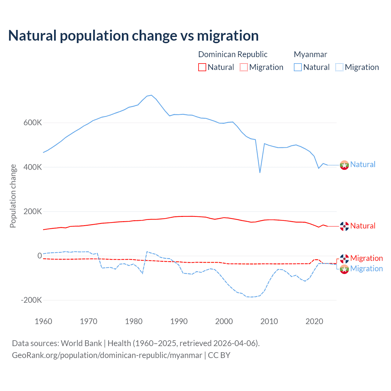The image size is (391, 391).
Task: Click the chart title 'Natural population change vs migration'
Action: [133, 35]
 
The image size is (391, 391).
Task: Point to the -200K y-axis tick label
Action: [31, 300]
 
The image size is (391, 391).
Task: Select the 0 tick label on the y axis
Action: [39, 256]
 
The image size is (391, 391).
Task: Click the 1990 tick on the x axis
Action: [179, 321]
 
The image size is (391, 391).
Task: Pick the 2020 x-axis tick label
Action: [314, 321]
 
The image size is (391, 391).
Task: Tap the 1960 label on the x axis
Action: [44, 321]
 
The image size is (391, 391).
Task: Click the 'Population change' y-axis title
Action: [13, 196]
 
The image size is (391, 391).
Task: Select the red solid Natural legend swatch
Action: [202, 67]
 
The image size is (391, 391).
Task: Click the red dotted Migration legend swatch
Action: [244, 67]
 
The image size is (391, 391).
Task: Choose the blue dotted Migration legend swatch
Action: [339, 67]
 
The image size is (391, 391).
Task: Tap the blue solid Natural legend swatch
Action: [298, 67]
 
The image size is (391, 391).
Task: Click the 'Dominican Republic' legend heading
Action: [233, 54]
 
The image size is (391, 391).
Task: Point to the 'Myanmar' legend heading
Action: [310, 54]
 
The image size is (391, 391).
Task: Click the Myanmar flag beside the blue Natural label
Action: [344, 165]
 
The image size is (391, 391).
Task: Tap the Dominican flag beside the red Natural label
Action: [344, 226]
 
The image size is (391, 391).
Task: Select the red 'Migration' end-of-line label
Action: [366, 258]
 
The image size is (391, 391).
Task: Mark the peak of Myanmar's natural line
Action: [151, 95]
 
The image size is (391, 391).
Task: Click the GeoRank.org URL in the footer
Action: [107, 355]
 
